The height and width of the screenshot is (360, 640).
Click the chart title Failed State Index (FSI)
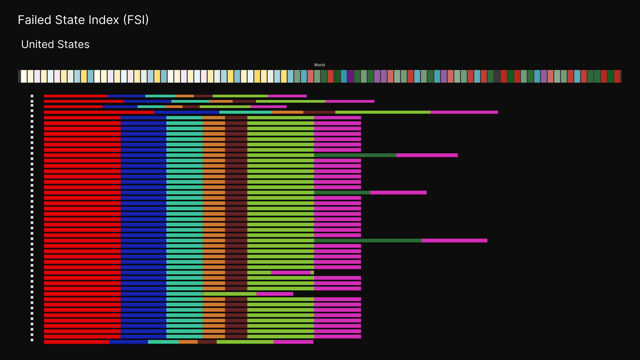coord(83,20)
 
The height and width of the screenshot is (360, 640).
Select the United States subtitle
coord(55,44)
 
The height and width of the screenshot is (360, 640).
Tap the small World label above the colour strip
coord(319,65)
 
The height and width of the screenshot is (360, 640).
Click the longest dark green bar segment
coord(368,240)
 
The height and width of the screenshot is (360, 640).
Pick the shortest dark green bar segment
coord(342,192)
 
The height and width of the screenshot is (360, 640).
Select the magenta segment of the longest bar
coord(464,112)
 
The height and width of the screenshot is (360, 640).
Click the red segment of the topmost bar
coord(75,96)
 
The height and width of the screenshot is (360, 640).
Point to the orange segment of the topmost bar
coord(184,96)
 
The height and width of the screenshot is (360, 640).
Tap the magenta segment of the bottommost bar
coord(293,342)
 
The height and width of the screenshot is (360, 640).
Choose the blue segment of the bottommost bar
coord(128,342)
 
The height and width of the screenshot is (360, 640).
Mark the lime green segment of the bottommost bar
coord(245,342)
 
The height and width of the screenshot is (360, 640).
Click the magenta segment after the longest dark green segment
coord(454,240)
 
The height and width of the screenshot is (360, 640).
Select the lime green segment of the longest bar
coord(383,112)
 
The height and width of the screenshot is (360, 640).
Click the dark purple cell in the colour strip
coord(350,76)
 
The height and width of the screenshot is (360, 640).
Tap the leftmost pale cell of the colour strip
coord(24,76)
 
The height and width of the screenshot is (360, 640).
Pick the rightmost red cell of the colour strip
coord(617,76)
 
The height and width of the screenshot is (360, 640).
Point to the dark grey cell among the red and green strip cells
coord(497,76)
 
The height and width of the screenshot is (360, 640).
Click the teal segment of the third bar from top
coord(151,107)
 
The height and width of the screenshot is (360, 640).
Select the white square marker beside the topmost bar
coord(32,96)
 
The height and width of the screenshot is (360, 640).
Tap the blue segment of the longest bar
coord(186,112)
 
